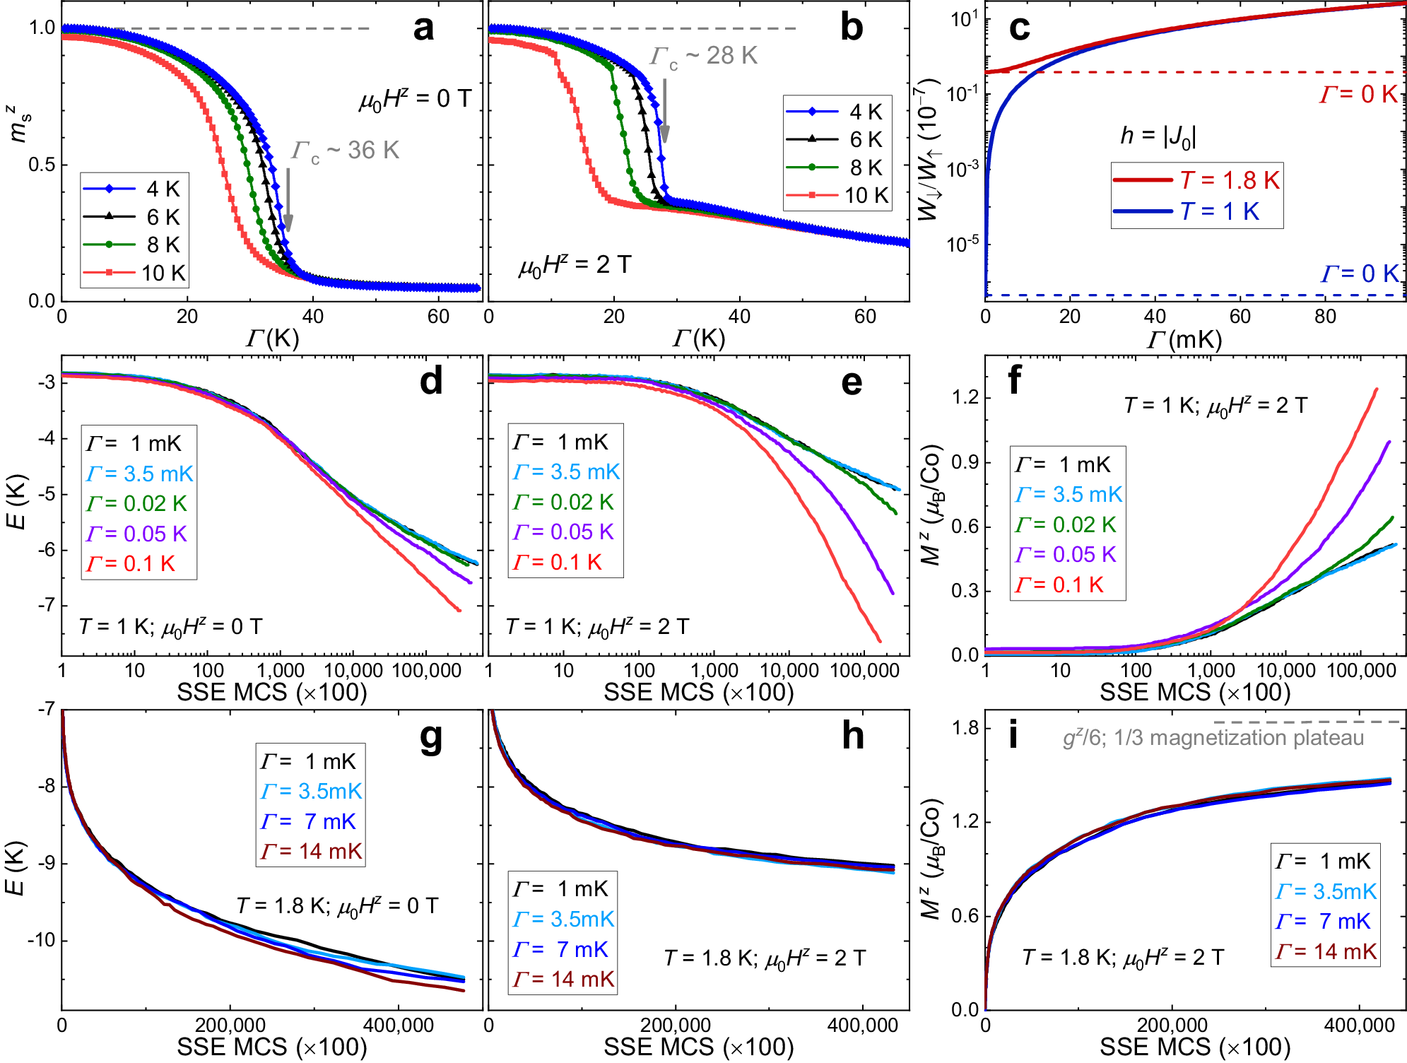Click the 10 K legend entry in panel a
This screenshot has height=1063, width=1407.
coord(134,273)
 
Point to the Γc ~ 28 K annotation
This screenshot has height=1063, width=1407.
coord(704,57)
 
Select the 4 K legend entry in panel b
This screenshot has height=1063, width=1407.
coord(837,112)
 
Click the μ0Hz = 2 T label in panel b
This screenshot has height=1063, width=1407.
coord(575,265)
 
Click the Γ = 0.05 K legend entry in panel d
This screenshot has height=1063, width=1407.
coord(136,534)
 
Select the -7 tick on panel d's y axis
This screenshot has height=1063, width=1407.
coord(46,605)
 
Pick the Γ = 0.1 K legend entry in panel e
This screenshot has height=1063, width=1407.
coord(558,563)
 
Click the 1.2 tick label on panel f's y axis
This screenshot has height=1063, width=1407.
coord(965,397)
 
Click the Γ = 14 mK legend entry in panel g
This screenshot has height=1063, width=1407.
coord(311,852)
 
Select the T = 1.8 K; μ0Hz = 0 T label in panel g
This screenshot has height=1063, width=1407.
coord(337,906)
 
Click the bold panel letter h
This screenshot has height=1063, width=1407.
coord(853,736)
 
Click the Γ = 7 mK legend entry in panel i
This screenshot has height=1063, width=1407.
coord(1323,922)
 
